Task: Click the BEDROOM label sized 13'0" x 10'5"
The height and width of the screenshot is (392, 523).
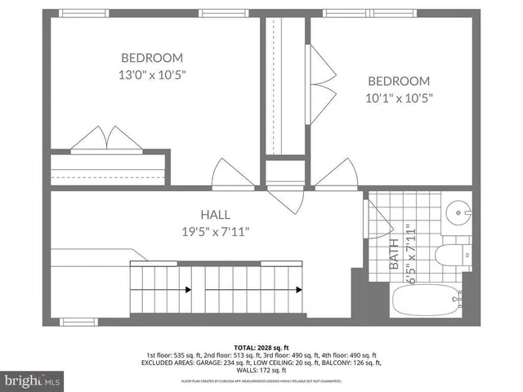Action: pos(152,58)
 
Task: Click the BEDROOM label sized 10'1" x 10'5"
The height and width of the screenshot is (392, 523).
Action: pos(398,81)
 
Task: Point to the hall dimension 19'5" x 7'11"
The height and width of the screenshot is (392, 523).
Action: pos(215,231)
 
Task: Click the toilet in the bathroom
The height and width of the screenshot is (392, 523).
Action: pos(452,254)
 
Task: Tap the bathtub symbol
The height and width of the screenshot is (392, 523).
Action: pos(425,303)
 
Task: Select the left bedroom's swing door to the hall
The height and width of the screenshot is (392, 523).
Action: pos(229,173)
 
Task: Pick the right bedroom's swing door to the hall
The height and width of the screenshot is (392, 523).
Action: pos(335,173)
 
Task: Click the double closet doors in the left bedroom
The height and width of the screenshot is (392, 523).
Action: pos(107,140)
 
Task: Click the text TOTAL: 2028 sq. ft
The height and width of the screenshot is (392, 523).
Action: pos(261,346)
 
